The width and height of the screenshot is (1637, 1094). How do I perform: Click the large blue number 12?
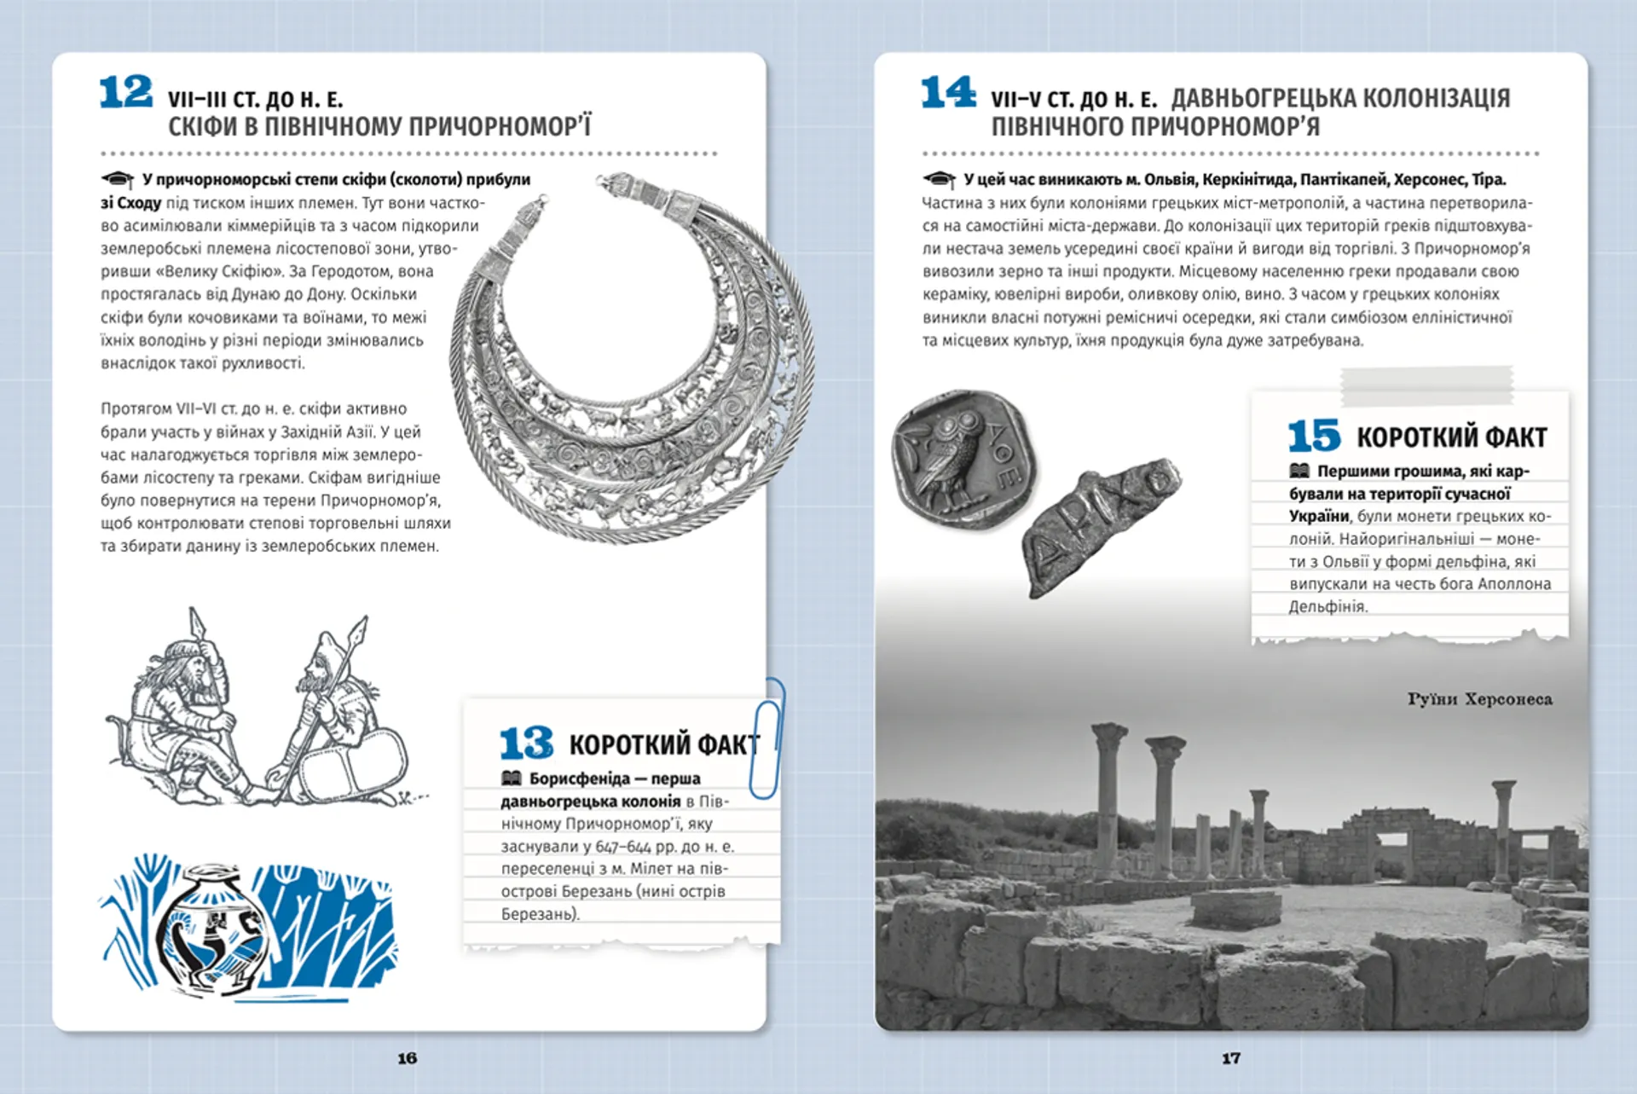point(125,92)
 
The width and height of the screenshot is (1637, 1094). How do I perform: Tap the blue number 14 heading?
point(947,92)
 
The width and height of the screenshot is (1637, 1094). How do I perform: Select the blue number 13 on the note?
point(526,744)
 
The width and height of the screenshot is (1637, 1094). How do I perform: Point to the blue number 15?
point(1314,436)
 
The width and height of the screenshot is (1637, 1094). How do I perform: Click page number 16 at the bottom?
point(407,1058)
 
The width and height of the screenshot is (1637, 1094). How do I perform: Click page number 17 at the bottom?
point(1230,1058)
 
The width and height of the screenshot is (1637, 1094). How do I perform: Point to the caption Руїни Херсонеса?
point(1479,699)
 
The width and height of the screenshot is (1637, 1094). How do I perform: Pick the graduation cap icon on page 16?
point(118,180)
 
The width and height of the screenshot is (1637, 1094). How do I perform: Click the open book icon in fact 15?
point(1299,471)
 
